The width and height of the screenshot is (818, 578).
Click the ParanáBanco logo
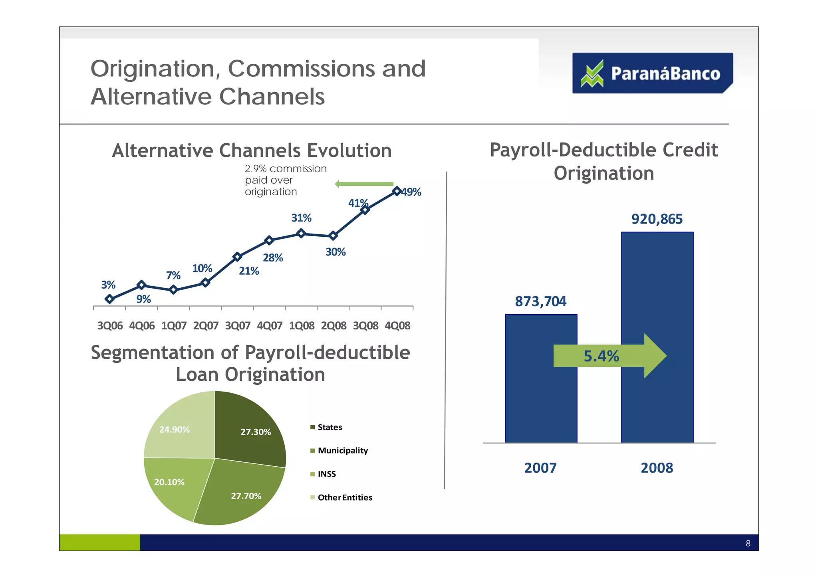tap(652, 73)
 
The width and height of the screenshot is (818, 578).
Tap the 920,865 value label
tap(657, 219)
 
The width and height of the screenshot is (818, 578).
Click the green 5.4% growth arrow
tap(609, 356)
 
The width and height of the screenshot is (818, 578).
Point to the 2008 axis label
tap(657, 468)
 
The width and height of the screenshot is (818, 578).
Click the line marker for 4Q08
tap(397, 191)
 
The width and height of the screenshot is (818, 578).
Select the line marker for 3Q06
tap(109, 299)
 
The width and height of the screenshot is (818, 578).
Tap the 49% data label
tap(411, 192)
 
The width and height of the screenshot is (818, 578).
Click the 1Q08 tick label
tap(302, 326)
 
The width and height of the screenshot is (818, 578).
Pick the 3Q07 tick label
tap(238, 326)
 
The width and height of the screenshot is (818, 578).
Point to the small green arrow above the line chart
tap(364, 184)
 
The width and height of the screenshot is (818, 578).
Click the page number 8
tap(748, 543)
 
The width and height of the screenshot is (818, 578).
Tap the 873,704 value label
tap(540, 301)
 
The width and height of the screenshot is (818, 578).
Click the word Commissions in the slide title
tap(301, 69)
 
